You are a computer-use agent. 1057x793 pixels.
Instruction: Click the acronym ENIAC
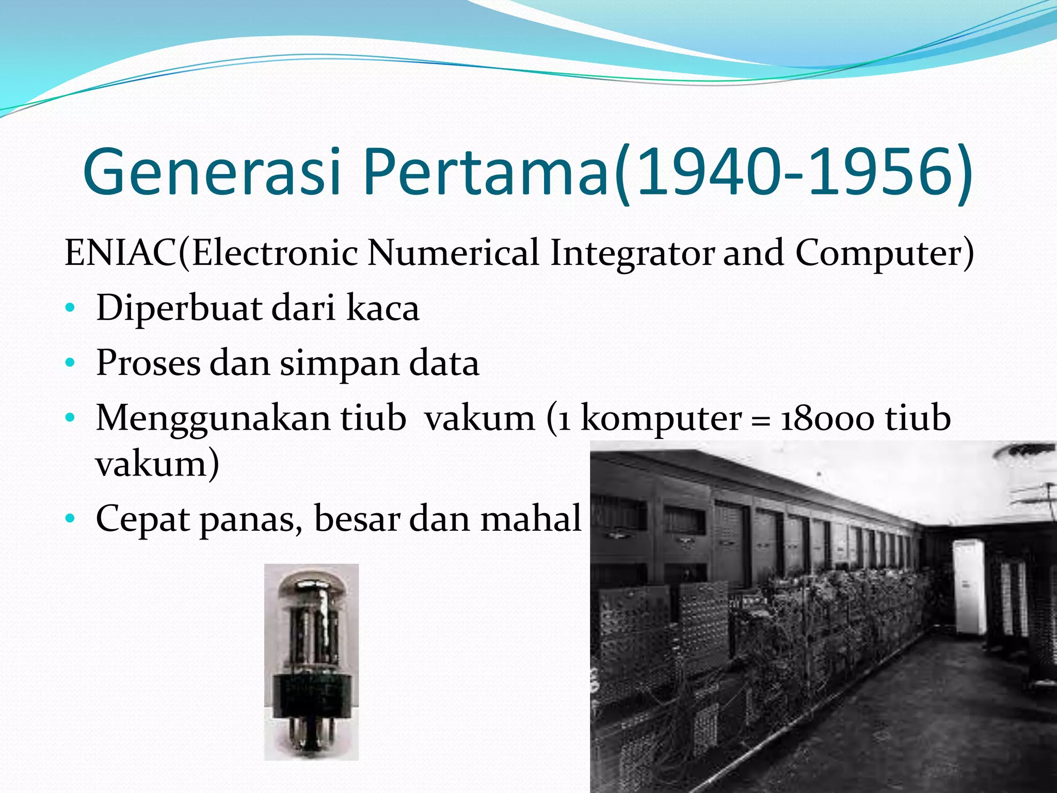click(121, 253)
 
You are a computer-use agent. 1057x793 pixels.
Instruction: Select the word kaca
click(382, 308)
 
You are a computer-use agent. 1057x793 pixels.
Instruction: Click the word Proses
click(148, 363)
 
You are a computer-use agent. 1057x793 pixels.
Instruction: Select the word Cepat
click(142, 519)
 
